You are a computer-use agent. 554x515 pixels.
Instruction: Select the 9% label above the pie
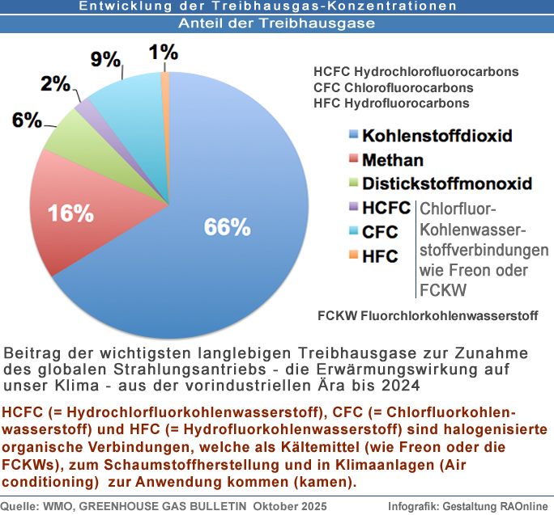[105, 60]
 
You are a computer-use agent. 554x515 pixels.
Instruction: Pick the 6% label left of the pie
[27, 120]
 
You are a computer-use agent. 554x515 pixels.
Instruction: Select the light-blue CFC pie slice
[121, 97]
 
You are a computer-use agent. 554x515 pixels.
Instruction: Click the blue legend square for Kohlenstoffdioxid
[353, 135]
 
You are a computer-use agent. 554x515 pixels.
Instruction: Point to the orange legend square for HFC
[353, 256]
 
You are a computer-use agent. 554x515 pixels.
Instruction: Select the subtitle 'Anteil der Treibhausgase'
[277, 23]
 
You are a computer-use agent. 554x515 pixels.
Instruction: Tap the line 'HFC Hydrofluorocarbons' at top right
[391, 103]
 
